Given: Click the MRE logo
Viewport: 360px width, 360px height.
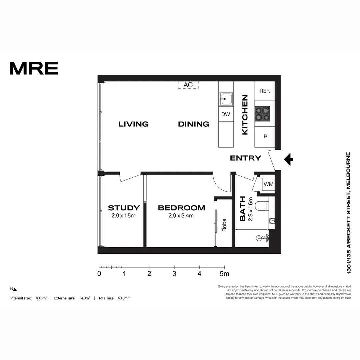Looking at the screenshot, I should pyautogui.click(x=34, y=68).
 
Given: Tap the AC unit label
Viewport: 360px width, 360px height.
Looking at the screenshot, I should pyautogui.click(x=188, y=85).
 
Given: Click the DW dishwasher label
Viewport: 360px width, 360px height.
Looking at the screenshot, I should pyautogui.click(x=226, y=114).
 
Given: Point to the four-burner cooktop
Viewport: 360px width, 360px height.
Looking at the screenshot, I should pyautogui.click(x=262, y=114).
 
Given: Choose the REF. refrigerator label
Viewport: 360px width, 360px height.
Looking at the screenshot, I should pyautogui.click(x=264, y=91).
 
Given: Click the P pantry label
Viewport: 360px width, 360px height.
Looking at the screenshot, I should pyautogui.click(x=265, y=136).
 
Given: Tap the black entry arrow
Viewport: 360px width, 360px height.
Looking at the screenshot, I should pyautogui.click(x=288, y=159).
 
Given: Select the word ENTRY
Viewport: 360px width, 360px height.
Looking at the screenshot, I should pyautogui.click(x=245, y=158).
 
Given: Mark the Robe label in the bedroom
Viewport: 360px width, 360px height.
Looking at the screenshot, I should pyautogui.click(x=224, y=225).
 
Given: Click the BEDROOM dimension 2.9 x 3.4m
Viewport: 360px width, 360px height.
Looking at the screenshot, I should pyautogui.click(x=181, y=216).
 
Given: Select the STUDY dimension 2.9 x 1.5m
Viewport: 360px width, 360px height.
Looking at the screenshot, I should pyautogui.click(x=123, y=216).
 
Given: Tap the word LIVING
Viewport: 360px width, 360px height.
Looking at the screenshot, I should pyautogui.click(x=133, y=124).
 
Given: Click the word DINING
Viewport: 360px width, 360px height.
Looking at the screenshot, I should pyautogui.click(x=193, y=124).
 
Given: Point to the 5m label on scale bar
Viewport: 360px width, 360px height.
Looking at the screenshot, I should pyautogui.click(x=224, y=274).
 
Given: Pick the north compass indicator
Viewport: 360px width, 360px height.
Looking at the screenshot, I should pyautogui.click(x=14, y=289).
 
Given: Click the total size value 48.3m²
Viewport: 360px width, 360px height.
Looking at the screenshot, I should pyautogui.click(x=123, y=298).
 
